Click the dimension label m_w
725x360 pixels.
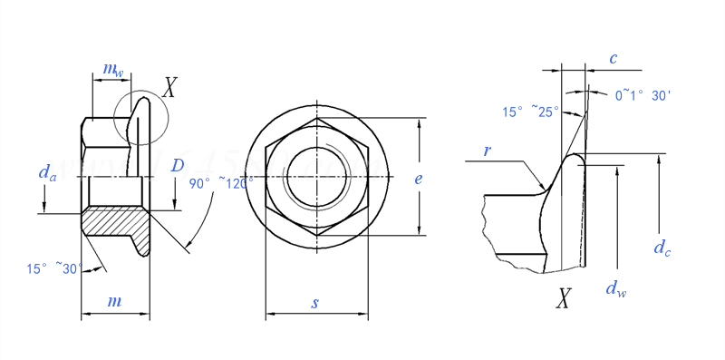112,70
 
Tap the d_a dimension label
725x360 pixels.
47,172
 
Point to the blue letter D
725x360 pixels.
178,165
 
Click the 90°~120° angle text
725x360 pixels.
221,182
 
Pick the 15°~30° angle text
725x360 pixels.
54,268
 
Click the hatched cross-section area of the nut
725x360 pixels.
113,220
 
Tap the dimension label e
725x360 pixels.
419,179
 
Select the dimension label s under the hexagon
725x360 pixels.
314,303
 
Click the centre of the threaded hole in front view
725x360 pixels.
316,176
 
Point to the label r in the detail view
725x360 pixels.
487,151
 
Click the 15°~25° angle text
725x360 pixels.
531,112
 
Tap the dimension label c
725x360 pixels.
614,59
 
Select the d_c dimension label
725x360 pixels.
662,248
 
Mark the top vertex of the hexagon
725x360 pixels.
316,118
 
